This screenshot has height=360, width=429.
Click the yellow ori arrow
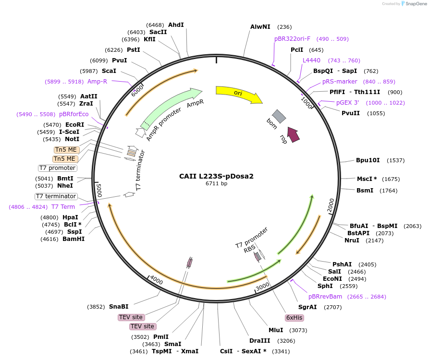click(x=238, y=94)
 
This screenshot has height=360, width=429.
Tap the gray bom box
click(x=279, y=116)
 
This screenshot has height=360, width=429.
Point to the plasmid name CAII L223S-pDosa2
click(x=216, y=176)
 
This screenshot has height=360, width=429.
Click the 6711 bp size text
click(x=216, y=183)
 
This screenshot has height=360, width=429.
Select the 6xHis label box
click(x=294, y=318)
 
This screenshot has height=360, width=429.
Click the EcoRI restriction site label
click(x=74, y=125)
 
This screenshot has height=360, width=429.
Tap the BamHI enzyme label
click(x=74, y=239)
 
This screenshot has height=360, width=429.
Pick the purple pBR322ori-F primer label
click(x=292, y=39)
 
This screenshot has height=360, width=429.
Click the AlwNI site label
click(x=260, y=27)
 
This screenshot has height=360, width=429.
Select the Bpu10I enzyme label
click(x=368, y=160)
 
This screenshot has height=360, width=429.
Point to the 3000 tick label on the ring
click(x=262, y=287)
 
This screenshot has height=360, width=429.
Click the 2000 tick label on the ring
click(x=331, y=205)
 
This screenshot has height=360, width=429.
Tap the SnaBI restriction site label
click(x=119, y=307)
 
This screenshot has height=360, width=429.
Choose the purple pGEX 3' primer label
click(x=347, y=103)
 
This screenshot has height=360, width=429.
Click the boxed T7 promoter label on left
click(x=58, y=168)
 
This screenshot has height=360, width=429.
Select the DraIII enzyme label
click(x=259, y=341)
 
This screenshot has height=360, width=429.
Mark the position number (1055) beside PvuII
click(x=376, y=113)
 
